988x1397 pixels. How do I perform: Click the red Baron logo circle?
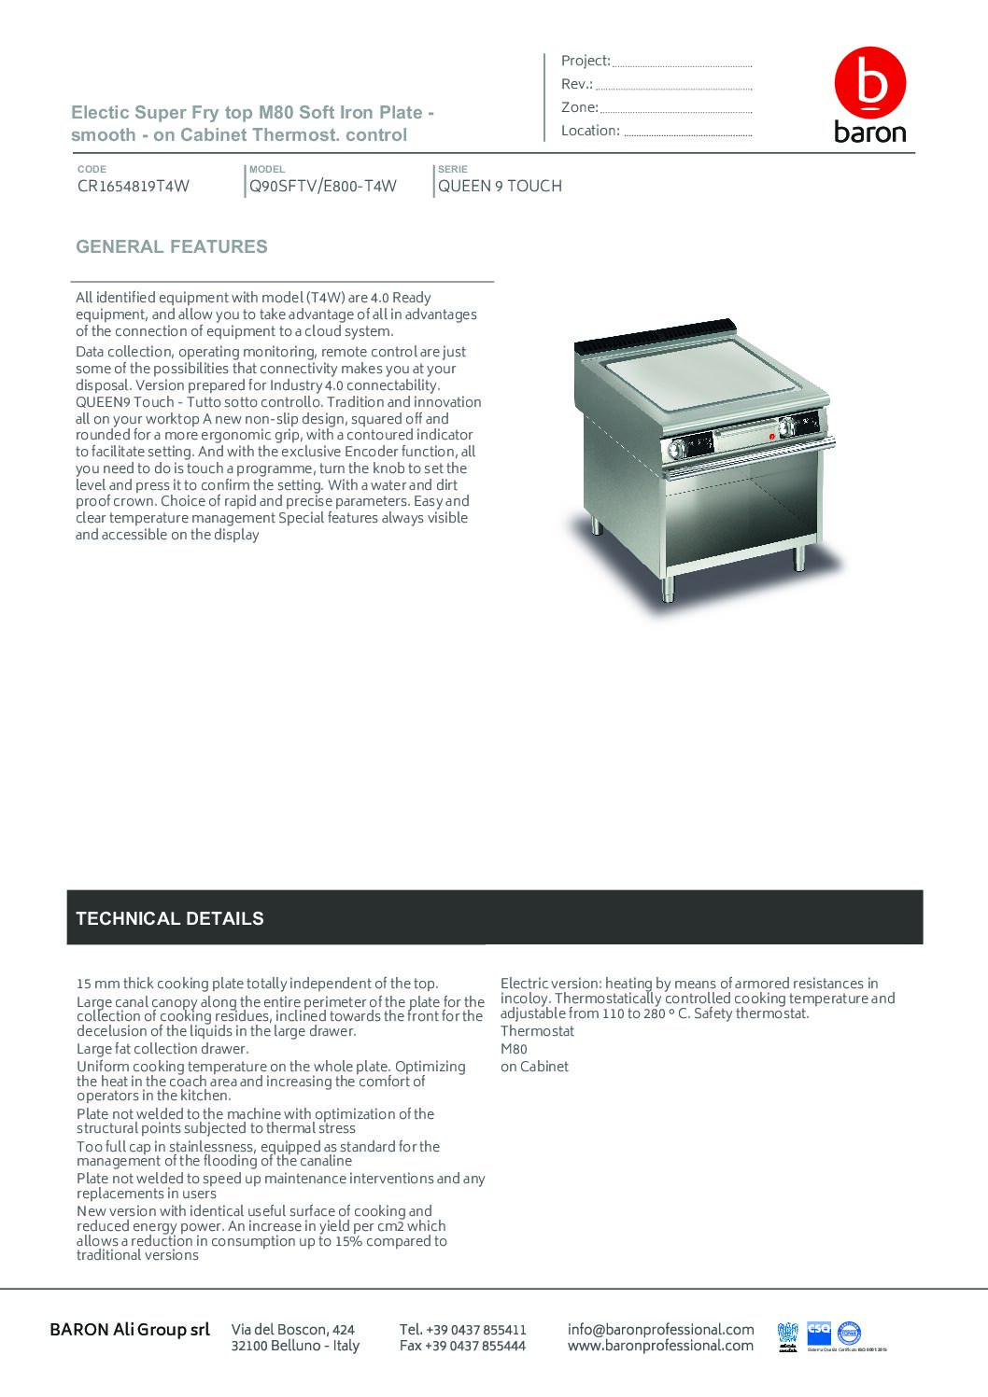pyautogui.click(x=869, y=84)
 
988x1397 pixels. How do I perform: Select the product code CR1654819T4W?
pyautogui.click(x=134, y=186)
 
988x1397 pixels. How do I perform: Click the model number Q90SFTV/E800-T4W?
pyautogui.click(x=323, y=186)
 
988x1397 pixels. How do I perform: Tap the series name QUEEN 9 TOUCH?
pyautogui.click(x=500, y=186)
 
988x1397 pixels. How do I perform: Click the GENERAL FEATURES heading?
pyautogui.click(x=172, y=247)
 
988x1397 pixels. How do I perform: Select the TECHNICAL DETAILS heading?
pyautogui.click(x=170, y=918)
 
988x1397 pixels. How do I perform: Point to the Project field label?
pyautogui.click(x=586, y=61)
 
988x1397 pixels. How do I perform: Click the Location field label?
pyautogui.click(x=590, y=131)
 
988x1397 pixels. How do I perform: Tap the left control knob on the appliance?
pyautogui.click(x=675, y=450)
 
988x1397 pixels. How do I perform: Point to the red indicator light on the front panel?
pyautogui.click(x=771, y=434)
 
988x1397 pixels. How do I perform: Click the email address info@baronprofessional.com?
pyautogui.click(x=660, y=1329)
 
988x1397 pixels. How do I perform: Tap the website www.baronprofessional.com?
pyautogui.click(x=660, y=1346)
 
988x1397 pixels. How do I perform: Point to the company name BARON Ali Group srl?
pyautogui.click(x=130, y=1329)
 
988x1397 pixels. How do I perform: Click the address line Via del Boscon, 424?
pyautogui.click(x=293, y=1329)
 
